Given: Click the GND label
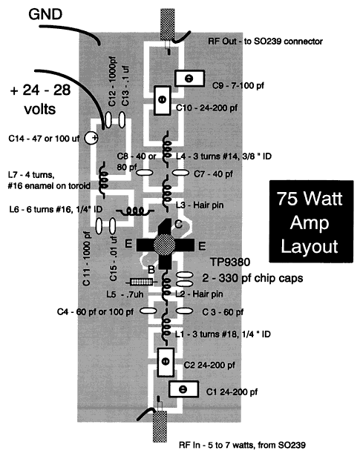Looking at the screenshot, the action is click(45, 15).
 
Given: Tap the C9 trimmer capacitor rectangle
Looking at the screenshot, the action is click(189, 79).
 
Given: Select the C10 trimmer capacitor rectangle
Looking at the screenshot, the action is click(163, 100).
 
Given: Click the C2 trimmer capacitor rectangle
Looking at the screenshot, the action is click(166, 362).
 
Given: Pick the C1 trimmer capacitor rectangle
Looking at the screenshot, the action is click(183, 389).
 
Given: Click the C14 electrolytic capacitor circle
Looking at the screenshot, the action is click(91, 138).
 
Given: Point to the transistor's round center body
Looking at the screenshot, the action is click(165, 245).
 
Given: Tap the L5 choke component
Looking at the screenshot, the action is click(142, 282).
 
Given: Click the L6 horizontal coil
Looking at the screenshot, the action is click(135, 211).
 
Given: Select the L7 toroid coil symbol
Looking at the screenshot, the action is click(103, 179).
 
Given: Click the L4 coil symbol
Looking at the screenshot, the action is click(167, 149).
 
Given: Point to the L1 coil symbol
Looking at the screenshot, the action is click(166, 327).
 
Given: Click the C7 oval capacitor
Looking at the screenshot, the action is click(180, 173).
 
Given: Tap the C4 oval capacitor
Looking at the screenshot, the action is click(148, 311).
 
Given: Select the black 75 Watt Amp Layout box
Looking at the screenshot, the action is click(311, 221).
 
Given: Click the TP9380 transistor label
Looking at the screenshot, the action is click(230, 262).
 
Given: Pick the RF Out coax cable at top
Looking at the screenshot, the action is click(168, 24).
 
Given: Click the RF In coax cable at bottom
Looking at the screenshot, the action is click(160, 426).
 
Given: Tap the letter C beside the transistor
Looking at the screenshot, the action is click(178, 224).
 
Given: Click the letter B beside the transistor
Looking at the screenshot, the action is click(151, 270).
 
